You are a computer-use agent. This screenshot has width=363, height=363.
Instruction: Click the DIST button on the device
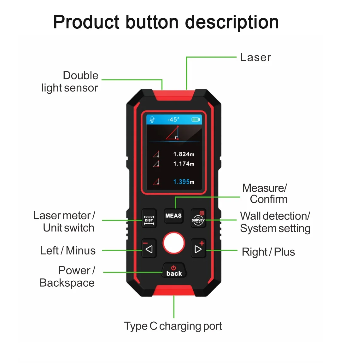coord(149,218)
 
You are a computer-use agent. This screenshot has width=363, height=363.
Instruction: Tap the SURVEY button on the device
coord(198,218)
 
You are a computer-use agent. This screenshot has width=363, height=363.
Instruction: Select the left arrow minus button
coord(149,249)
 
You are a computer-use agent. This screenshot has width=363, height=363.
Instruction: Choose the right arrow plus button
coord(198,249)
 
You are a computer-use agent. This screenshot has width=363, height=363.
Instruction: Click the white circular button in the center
coord(173,243)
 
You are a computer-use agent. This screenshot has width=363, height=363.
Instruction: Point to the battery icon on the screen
coord(196,120)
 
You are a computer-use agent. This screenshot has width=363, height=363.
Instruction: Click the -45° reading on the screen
coord(173,120)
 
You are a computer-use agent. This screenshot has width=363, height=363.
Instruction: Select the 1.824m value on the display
coord(184,154)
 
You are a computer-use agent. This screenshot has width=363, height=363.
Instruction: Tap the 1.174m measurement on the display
coord(184,164)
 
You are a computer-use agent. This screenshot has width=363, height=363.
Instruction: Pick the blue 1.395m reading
coord(184,182)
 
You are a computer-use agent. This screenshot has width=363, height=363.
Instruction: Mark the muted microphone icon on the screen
coord(152,120)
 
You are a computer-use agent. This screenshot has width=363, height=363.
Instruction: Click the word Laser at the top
coord(255,57)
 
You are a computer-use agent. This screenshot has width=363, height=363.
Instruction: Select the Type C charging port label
coord(173,326)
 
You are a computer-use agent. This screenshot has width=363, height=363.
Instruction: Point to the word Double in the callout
coord(80,76)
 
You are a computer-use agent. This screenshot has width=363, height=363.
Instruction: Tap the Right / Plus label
coord(268,252)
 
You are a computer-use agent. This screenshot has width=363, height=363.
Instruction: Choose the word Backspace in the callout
coord(67,283)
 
